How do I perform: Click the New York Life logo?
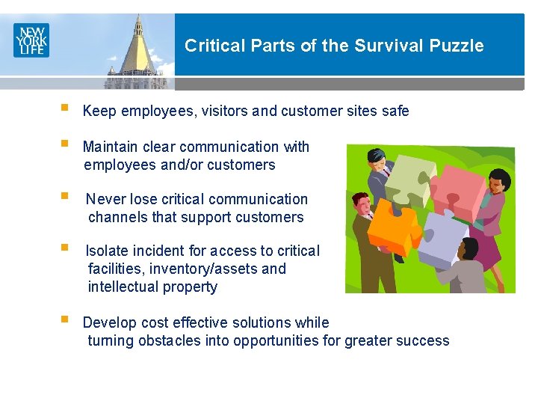[31, 40]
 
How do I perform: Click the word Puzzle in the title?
[457, 46]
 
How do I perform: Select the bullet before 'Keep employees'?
[65, 110]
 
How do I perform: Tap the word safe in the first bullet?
[395, 111]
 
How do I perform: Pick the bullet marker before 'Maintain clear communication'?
[65, 146]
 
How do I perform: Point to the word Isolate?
[108, 251]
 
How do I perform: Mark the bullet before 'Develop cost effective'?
[65, 322]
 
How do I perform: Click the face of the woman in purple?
[498, 182]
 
